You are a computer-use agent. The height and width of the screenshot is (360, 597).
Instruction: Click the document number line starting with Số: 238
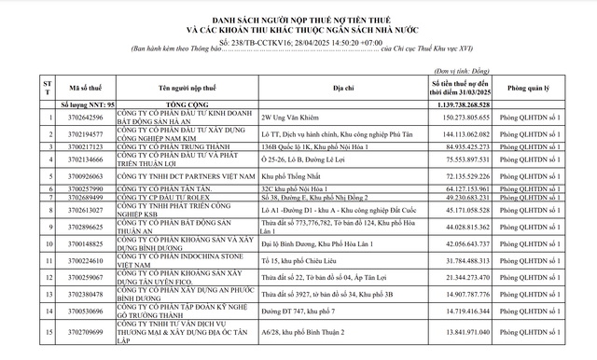(298, 42)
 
